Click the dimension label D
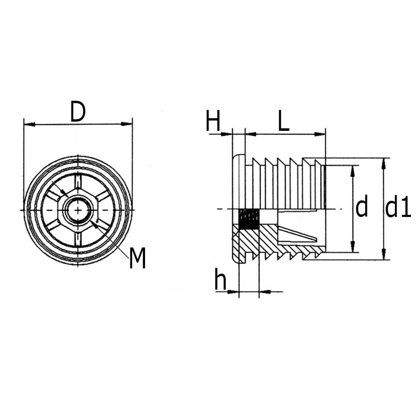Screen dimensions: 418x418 click(78, 112)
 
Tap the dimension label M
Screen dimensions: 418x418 click(137, 258)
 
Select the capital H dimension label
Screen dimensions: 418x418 click(213, 122)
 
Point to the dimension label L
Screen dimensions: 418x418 click(284, 122)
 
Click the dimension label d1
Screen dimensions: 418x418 click(398, 208)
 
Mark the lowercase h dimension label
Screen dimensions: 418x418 click(220, 280)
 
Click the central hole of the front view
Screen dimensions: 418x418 click(78, 209)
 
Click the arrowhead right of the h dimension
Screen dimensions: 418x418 click(265, 292)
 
